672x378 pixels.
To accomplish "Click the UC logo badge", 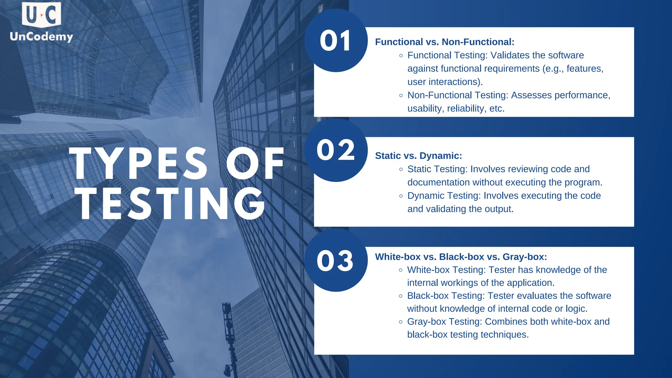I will point(41,14).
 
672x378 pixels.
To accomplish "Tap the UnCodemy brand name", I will point(41,36).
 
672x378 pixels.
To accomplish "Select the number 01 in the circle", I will point(335,41).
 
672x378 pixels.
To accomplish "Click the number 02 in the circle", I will point(336,150).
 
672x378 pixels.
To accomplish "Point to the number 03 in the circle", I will point(335,261).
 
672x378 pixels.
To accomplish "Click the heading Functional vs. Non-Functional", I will point(444,42).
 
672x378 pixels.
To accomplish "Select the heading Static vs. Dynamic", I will point(418,156).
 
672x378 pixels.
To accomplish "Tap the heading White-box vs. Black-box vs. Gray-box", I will point(461,257).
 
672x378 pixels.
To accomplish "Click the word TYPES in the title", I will point(138,163).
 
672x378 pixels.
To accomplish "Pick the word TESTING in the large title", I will point(171,204).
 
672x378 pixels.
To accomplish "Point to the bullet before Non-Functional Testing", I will point(401,95).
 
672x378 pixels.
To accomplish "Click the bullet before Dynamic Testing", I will point(401,196).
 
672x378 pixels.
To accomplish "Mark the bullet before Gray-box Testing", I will point(401,322).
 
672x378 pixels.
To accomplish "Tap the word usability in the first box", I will point(425,109).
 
